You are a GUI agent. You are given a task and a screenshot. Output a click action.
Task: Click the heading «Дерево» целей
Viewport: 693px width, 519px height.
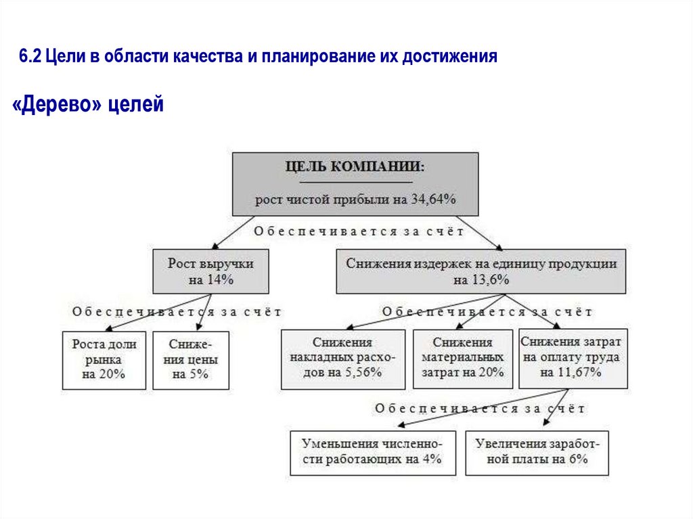pos(88,105)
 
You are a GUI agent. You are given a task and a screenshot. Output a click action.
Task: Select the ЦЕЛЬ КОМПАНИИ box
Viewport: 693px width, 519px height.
pos(355,183)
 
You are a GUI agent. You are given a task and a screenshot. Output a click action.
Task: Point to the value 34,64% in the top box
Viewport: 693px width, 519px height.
pos(433,200)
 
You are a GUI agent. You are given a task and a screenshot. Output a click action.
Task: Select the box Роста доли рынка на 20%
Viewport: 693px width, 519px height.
pos(104,359)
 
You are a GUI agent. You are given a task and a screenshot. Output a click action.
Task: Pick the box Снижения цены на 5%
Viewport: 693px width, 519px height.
pos(190,359)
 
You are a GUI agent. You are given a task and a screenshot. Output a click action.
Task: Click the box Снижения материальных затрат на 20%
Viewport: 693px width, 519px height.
pos(462,359)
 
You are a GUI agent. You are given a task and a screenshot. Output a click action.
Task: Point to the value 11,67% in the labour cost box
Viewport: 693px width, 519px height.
pos(581,373)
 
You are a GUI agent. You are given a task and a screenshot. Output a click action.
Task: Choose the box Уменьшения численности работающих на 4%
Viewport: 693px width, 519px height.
pos(372,452)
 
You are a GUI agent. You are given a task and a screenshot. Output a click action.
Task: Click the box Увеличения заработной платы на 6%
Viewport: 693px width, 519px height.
pos(537,452)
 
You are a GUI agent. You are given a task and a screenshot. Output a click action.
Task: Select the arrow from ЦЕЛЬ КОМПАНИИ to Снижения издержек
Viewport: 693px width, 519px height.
pos(480,232)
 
